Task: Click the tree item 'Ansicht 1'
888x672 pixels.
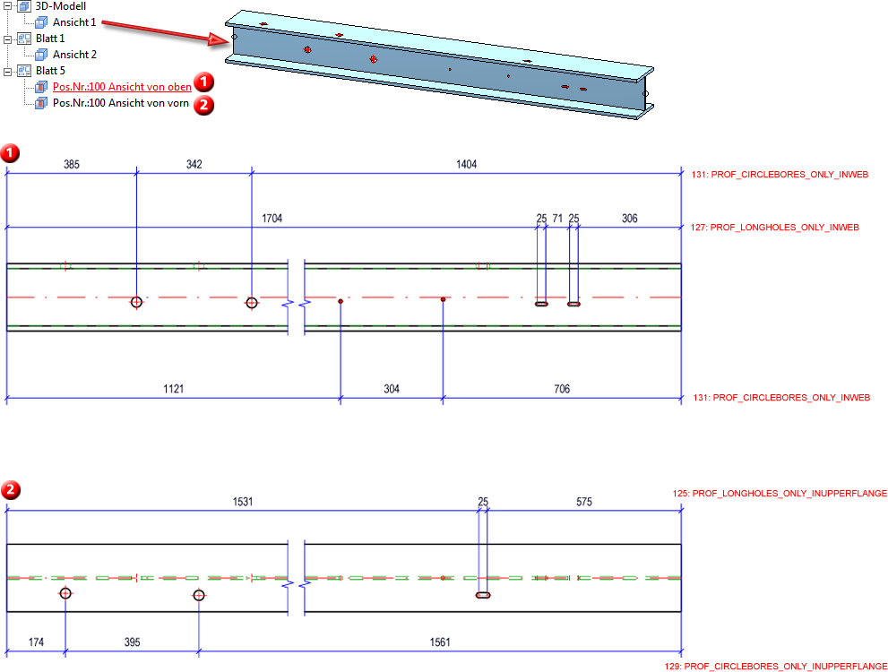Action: (73, 22)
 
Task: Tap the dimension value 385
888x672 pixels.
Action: (72, 165)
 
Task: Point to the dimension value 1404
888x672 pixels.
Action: (466, 165)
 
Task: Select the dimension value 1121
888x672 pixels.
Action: (175, 389)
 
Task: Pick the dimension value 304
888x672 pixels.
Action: (392, 389)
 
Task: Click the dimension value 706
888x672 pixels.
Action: (561, 389)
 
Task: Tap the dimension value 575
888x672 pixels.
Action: (583, 503)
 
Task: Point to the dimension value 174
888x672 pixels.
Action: (36, 642)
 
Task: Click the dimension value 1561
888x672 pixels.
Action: (439, 642)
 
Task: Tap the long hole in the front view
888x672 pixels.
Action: (483, 595)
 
